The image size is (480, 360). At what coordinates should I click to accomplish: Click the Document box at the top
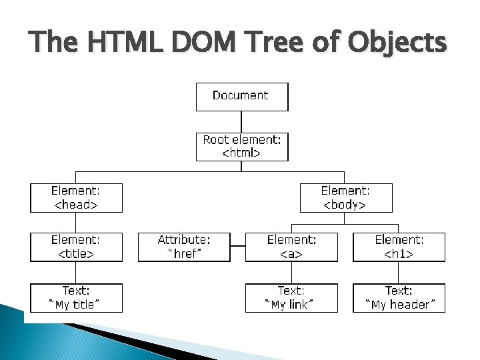(242, 96)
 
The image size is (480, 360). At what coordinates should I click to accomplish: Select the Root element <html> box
(242, 147)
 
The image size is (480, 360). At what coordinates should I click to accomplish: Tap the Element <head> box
(77, 198)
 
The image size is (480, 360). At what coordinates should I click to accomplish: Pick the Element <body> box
(347, 198)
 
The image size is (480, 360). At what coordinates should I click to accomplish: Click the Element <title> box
(77, 247)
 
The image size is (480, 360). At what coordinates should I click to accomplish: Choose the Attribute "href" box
(184, 247)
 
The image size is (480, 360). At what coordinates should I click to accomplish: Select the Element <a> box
(291, 247)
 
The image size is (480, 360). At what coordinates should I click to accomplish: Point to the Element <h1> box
(399, 247)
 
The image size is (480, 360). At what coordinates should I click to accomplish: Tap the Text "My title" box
(77, 298)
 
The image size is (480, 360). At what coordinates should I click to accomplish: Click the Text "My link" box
(291, 298)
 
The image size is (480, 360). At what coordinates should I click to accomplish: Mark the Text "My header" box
(399, 298)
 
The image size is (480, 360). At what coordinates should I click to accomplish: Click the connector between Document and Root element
(242, 121)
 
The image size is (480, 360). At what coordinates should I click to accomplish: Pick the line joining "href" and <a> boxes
(238, 247)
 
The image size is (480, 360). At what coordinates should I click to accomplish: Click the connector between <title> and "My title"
(76, 273)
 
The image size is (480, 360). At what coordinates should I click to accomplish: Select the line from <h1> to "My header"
(399, 273)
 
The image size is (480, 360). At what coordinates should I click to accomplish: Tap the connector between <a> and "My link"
(291, 273)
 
